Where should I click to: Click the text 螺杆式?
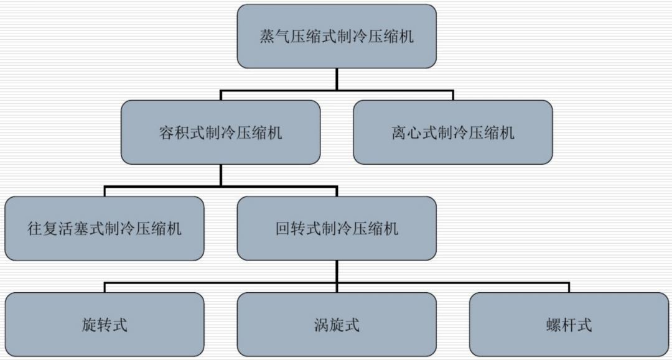click(568, 325)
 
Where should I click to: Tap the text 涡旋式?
click(336, 325)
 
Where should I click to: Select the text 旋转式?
click(104, 325)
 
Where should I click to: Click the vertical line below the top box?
click(337, 79)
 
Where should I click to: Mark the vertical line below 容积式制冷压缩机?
click(220, 175)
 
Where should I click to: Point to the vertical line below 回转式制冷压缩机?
click(337, 272)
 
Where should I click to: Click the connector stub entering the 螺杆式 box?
click(569, 288)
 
